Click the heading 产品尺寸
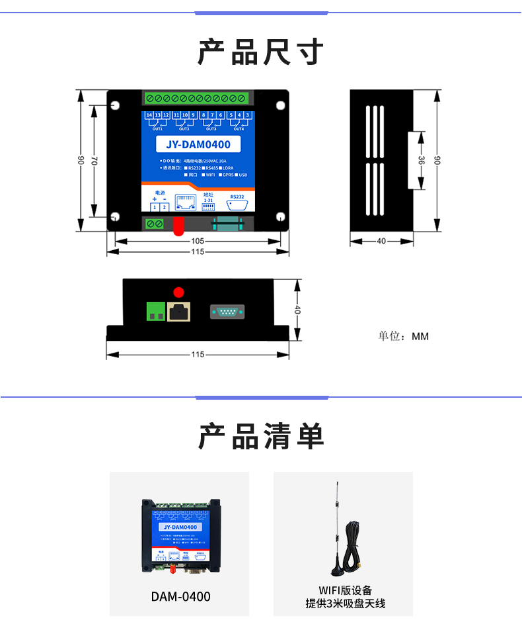tap(261, 52)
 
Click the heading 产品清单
tap(261, 437)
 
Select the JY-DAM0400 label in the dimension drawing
tap(198, 144)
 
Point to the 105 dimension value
tap(198, 242)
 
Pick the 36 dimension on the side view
tap(422, 161)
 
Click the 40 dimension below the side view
tap(381, 242)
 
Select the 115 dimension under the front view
tap(198, 355)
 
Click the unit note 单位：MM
tap(403, 336)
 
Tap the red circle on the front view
tap(178, 292)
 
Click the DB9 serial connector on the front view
tap(228, 312)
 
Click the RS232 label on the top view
tap(237, 197)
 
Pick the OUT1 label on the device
tap(157, 129)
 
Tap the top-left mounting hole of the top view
tap(116, 105)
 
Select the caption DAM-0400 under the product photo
tap(180, 597)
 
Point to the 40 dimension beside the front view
tap(297, 310)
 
